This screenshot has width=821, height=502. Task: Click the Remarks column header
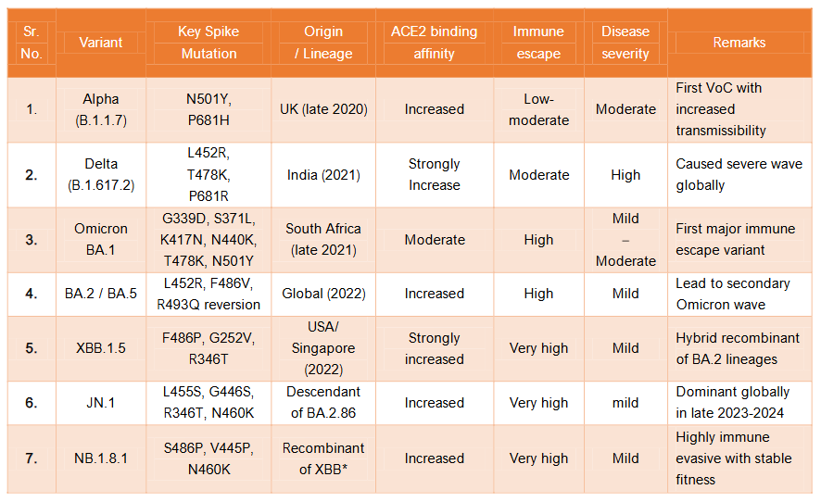tap(739, 43)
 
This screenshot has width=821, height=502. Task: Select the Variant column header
tap(101, 43)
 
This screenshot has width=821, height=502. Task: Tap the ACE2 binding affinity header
tap(434, 43)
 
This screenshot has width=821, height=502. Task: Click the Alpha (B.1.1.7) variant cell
tap(101, 109)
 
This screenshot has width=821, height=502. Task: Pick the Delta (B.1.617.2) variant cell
tap(101, 175)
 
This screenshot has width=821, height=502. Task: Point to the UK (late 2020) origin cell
tap(323, 109)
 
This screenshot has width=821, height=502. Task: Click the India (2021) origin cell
tap(323, 175)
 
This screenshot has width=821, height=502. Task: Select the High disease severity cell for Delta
tap(625, 175)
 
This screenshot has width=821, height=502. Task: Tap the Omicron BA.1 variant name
tap(101, 240)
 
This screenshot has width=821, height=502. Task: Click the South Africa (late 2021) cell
tap(323, 240)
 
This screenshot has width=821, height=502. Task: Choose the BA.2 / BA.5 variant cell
tap(101, 294)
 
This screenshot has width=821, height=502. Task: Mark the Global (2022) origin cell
tap(323, 294)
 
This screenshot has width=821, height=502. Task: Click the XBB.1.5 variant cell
tap(101, 348)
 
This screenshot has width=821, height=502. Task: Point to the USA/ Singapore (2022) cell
tap(323, 348)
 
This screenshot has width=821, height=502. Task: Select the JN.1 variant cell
tap(101, 403)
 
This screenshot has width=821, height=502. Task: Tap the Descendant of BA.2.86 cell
tap(323, 403)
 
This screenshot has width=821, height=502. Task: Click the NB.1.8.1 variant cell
tap(101, 458)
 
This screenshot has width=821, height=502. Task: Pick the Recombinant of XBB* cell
tap(323, 458)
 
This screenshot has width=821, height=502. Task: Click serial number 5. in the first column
tap(32, 348)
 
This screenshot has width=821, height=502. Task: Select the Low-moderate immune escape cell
tap(538, 109)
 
